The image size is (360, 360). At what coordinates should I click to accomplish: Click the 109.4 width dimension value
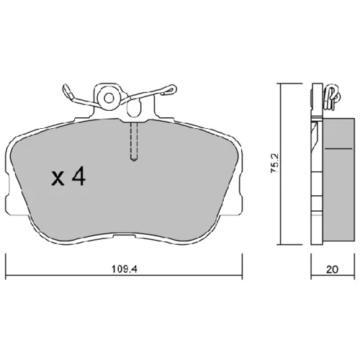pos(124,269)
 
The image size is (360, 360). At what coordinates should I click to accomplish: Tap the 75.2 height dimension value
pos(274,163)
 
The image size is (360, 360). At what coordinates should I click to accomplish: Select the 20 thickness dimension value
pos(332,269)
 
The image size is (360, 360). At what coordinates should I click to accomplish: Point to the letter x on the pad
pos(58,179)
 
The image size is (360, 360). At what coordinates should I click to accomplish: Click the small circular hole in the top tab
pos(109,98)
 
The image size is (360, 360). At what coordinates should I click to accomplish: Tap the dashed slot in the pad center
pos(134,142)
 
